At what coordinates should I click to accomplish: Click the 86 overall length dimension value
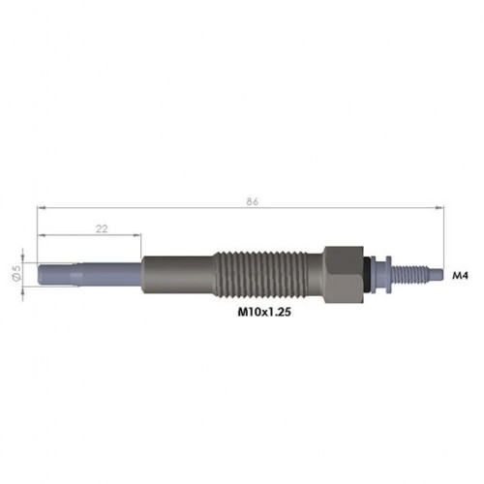[x=253, y=201]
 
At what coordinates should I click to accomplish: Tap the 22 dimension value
[x=102, y=228]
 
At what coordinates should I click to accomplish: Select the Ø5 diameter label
[x=16, y=272]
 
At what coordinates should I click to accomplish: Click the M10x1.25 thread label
[x=264, y=312]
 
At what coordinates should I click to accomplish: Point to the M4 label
[x=461, y=276]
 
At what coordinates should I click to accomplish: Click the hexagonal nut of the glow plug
[x=344, y=275]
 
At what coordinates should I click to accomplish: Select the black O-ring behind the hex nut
[x=367, y=274]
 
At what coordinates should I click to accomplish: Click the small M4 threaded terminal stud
[x=409, y=275]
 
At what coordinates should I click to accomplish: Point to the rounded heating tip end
[x=40, y=275]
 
